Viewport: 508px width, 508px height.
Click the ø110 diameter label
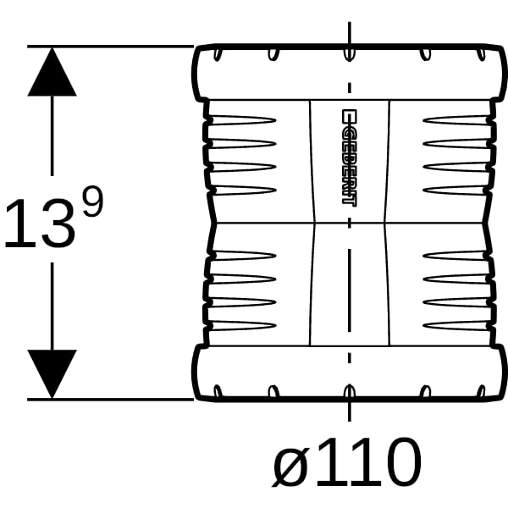pos(346,462)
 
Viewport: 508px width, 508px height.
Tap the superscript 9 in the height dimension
pos(93,202)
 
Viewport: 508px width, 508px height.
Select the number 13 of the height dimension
pos(40,224)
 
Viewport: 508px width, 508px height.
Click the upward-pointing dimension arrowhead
pos(52,72)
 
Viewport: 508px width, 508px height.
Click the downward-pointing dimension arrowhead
pos(52,374)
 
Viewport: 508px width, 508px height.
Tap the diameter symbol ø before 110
pos(290,463)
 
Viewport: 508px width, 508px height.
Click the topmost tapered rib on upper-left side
pos(242,120)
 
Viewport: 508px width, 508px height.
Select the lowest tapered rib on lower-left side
pos(242,326)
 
